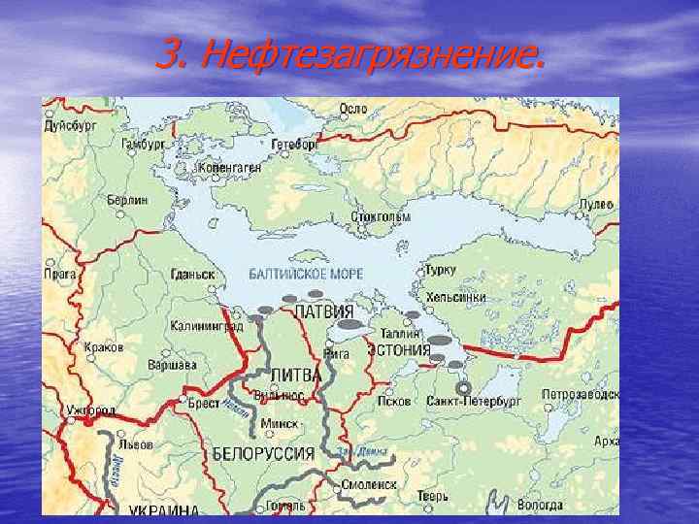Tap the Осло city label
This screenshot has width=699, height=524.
click(351, 109)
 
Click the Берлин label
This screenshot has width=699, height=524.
click(127, 200)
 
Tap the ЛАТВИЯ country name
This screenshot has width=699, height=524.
click(323, 312)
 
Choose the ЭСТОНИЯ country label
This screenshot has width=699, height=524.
click(398, 349)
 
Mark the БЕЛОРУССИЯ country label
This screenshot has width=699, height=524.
click(263, 453)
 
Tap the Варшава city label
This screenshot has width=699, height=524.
click(172, 365)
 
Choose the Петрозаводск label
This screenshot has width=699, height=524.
click(580, 396)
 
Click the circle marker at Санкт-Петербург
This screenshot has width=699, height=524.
click(463, 387)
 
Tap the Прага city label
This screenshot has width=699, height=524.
click(60, 275)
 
